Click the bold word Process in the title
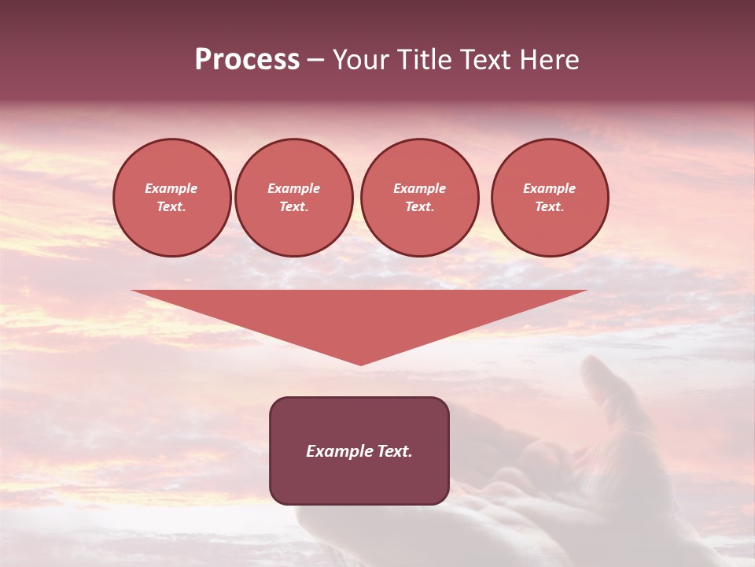[x=247, y=60]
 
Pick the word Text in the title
[x=489, y=60]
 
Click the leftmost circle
[x=171, y=198]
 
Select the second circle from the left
[x=293, y=198]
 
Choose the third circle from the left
[x=419, y=198]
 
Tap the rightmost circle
[x=549, y=198]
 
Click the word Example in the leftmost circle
[x=171, y=188]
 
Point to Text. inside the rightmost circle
[x=549, y=207]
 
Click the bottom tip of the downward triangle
[x=360, y=364]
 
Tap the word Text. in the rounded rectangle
[x=395, y=451]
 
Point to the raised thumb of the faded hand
[x=602, y=386]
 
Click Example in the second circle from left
[x=293, y=188]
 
